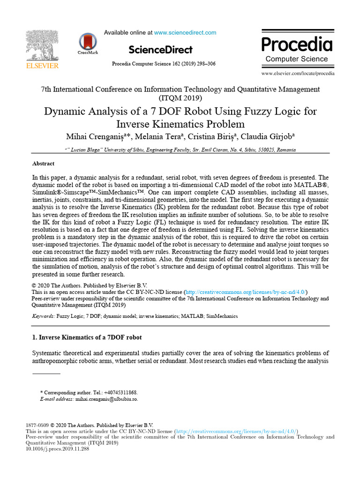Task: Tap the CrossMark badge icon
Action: coord(86,44)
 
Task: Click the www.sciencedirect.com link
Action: coord(185,33)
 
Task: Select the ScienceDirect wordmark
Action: coord(160,50)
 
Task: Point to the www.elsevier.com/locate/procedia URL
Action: coord(298,74)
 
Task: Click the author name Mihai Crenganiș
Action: coord(98,136)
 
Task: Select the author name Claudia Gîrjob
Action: coord(269,136)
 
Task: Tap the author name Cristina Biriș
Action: coord(216,136)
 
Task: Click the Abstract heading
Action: coord(43,164)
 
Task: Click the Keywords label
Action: coord(43,316)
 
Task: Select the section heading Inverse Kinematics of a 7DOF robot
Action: coord(87,337)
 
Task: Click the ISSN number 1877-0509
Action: coord(37,425)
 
